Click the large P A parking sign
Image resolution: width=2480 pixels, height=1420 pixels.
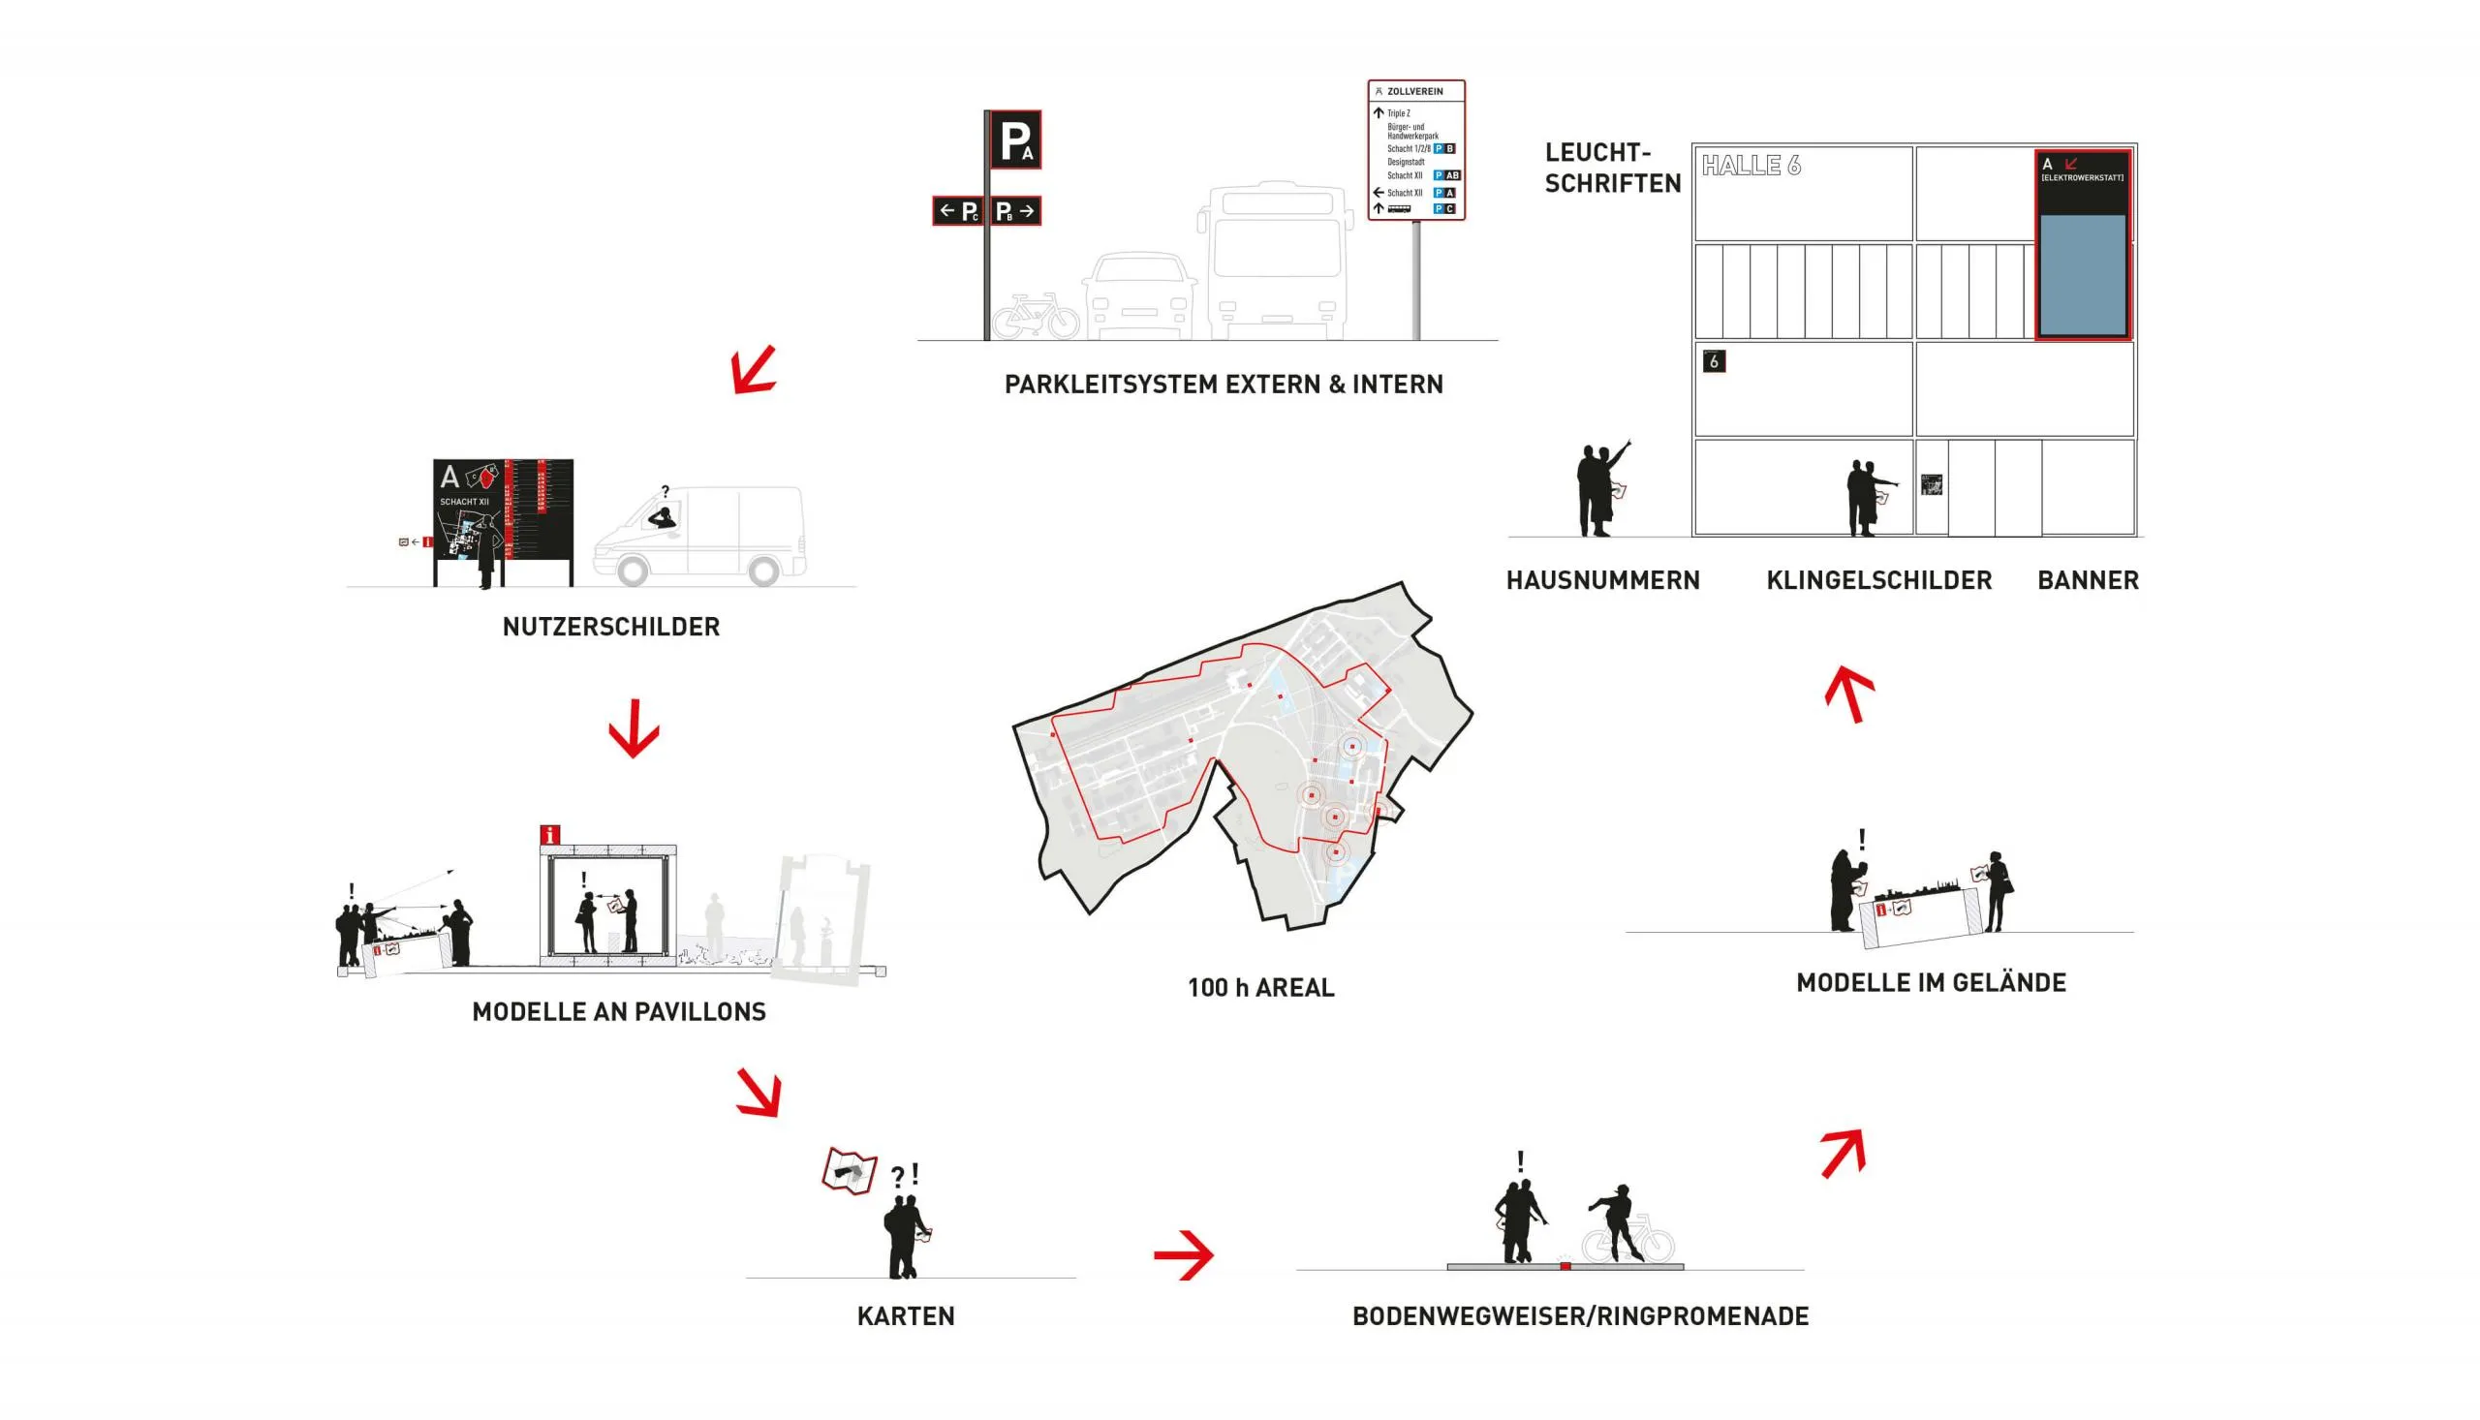click(x=1015, y=139)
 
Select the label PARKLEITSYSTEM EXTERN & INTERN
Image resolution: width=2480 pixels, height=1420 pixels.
click(x=1223, y=385)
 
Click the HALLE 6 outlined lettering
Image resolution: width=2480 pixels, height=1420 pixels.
click(x=1751, y=166)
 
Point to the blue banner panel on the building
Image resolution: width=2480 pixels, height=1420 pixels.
click(x=2082, y=275)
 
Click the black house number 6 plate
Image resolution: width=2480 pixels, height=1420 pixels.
click(x=1714, y=362)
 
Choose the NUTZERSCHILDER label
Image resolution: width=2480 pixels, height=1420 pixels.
click(x=610, y=627)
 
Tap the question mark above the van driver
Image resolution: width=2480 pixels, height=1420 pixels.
click(x=666, y=491)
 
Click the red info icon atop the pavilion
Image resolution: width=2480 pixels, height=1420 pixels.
click(x=550, y=835)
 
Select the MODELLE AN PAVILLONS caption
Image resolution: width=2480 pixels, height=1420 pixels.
click(x=618, y=1012)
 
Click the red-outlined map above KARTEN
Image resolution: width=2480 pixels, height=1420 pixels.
click(x=849, y=1170)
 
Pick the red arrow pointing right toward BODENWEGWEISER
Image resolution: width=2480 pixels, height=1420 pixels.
click(x=1183, y=1254)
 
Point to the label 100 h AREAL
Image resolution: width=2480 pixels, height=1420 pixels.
click(x=1260, y=988)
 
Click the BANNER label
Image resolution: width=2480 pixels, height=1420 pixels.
click(x=2087, y=581)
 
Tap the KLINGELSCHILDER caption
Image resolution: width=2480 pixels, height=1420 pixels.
click(x=1878, y=581)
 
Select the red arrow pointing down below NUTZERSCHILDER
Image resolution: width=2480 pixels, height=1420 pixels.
click(x=634, y=728)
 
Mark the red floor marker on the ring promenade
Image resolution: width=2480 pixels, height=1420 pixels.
click(x=1565, y=1266)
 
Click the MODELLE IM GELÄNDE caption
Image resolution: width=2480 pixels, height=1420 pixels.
click(x=1930, y=983)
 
